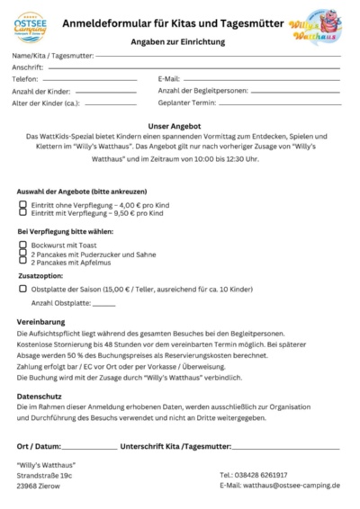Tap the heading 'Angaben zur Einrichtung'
click(x=180, y=41)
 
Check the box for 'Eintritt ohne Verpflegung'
click(x=22, y=204)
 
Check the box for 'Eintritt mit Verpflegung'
click(x=22, y=213)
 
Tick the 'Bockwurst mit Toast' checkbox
click(x=22, y=245)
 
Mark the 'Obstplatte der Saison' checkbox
click(x=22, y=290)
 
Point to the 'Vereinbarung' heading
click(x=40, y=320)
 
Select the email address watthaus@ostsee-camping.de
click(x=279, y=486)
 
